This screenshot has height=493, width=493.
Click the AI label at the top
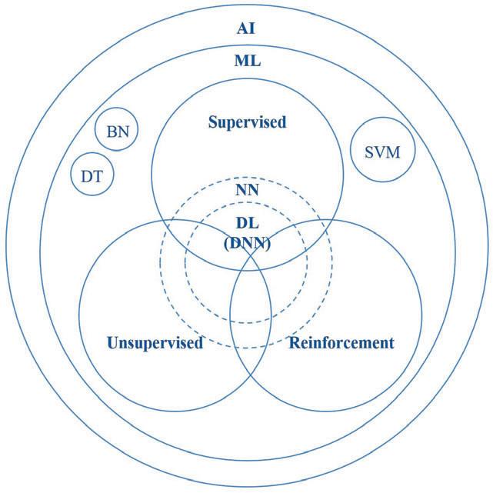point(247,29)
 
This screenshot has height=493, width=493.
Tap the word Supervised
point(248,122)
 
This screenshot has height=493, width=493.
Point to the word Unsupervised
point(155,342)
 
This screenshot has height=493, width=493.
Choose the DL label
point(247,223)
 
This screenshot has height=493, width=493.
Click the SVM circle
point(381,150)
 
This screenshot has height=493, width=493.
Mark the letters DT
point(92,176)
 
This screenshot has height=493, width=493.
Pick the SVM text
point(381,150)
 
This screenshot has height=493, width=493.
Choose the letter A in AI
point(242,29)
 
